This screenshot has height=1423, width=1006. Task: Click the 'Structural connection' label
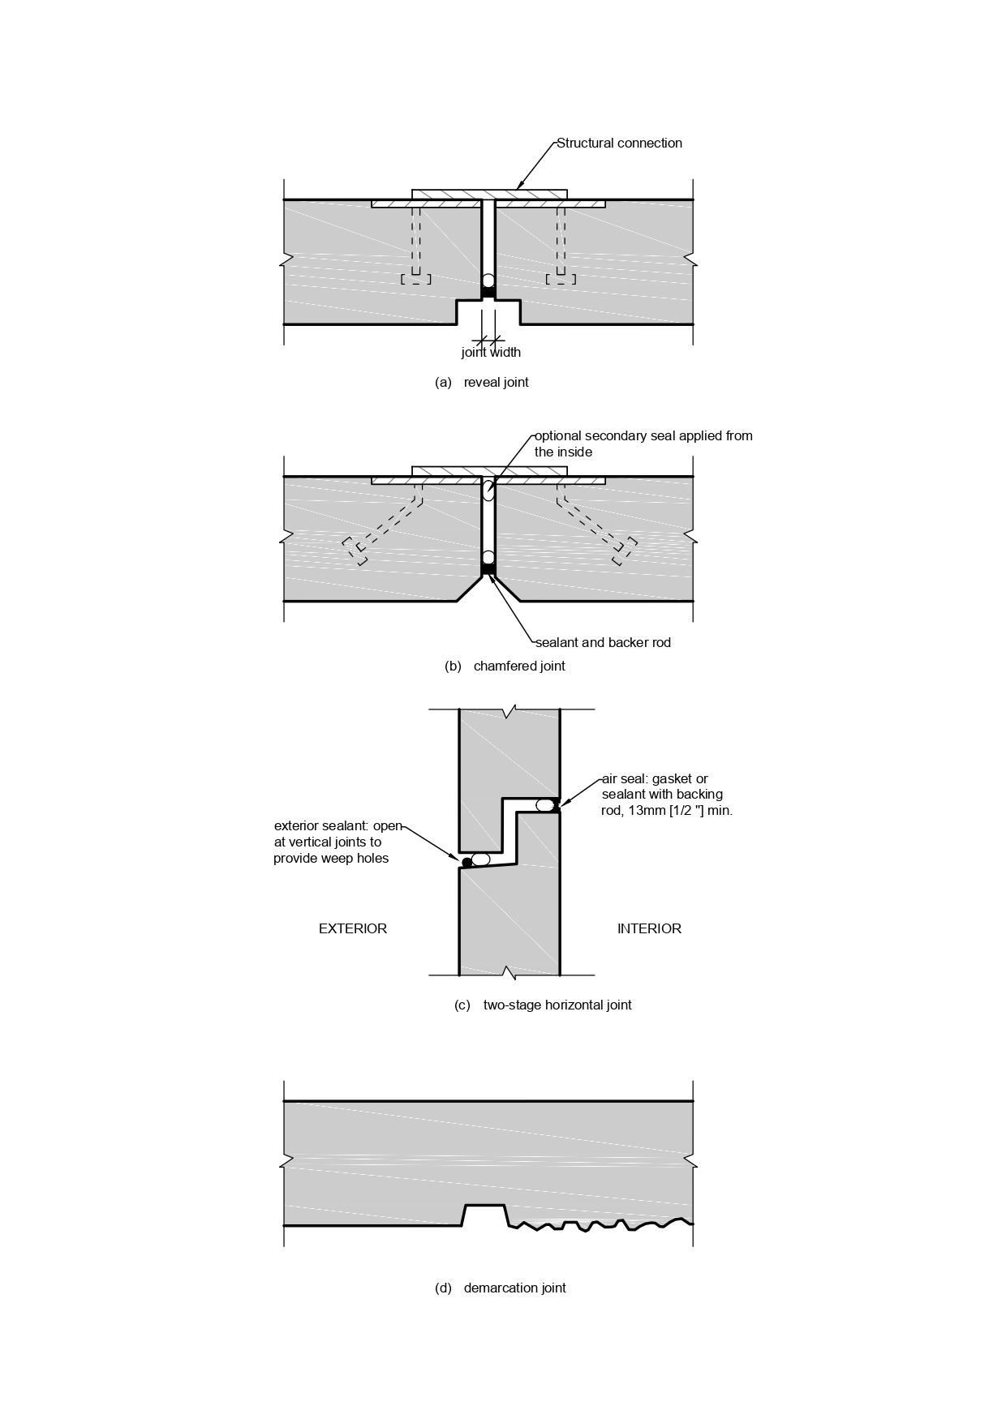pos(619,144)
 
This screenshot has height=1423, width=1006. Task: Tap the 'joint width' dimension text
pos(491,353)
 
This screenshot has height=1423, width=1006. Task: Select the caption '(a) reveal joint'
pos(482,382)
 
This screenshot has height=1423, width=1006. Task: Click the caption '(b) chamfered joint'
pos(505,666)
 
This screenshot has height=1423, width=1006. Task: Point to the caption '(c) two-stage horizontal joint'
pos(543,1005)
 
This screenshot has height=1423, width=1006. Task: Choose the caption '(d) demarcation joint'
pos(501,1288)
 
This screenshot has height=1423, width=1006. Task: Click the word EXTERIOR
pos(353,929)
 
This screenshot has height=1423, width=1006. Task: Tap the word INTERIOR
pos(649,929)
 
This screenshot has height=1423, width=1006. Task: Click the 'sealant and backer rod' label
pos(603,643)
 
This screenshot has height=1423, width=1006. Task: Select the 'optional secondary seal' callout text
pos(643,444)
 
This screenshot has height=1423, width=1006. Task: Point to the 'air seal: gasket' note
pos(667,795)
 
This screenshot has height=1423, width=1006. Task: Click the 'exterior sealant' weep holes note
pos(337,842)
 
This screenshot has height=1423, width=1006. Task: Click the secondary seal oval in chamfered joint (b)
pos(488,491)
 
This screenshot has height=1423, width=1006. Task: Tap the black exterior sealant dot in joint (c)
pos(466,862)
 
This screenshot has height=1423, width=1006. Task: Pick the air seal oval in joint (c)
pos(546,805)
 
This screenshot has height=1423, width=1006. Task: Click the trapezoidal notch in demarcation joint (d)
pos(484,1215)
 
